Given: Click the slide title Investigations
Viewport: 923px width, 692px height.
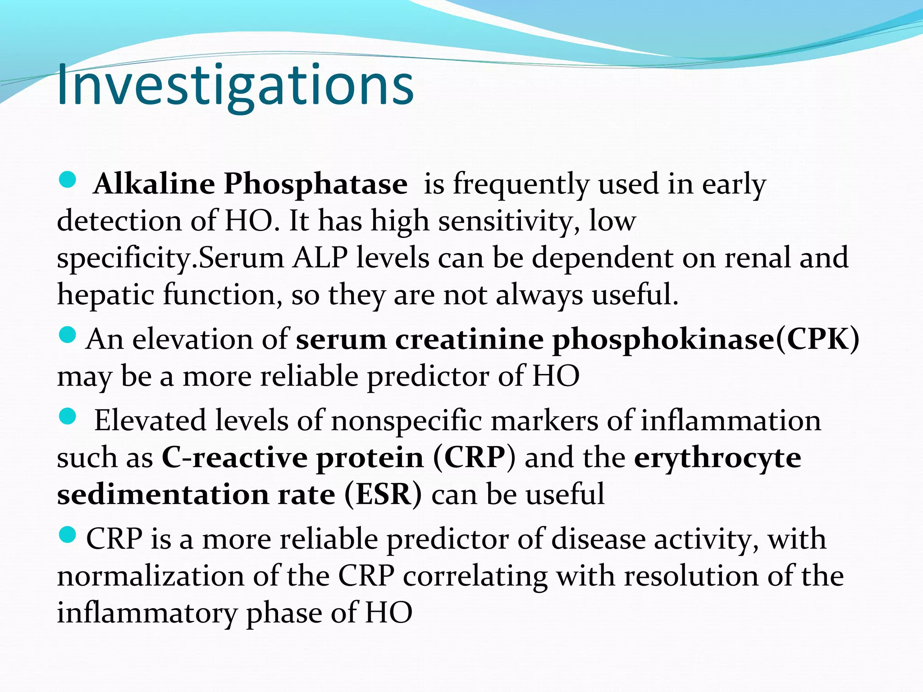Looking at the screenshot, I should click(235, 86).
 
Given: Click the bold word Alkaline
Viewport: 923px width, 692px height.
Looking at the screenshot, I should click(154, 184).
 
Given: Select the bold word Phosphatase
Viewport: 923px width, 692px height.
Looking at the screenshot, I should click(315, 184).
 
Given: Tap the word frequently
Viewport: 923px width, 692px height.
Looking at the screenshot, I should click(521, 184).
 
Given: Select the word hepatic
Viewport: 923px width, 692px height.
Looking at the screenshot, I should click(106, 295).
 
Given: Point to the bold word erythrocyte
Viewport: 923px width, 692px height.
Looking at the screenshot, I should click(717, 458).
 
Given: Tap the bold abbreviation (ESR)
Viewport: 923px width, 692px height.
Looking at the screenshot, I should click(384, 495).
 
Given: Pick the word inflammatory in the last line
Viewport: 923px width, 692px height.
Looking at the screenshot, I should click(147, 613).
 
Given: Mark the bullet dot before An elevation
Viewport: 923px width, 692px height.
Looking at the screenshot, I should click(68, 335).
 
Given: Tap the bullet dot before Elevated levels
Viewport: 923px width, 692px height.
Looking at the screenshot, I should click(68, 417).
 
